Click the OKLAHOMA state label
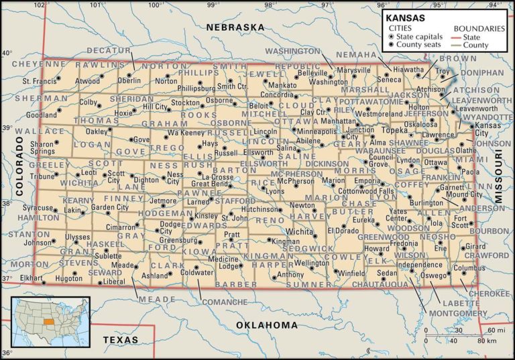tap(266, 325)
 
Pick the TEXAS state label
tap(120, 340)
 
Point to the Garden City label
tap(109, 208)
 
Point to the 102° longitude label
tap(41, 5)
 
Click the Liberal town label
tap(113, 282)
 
